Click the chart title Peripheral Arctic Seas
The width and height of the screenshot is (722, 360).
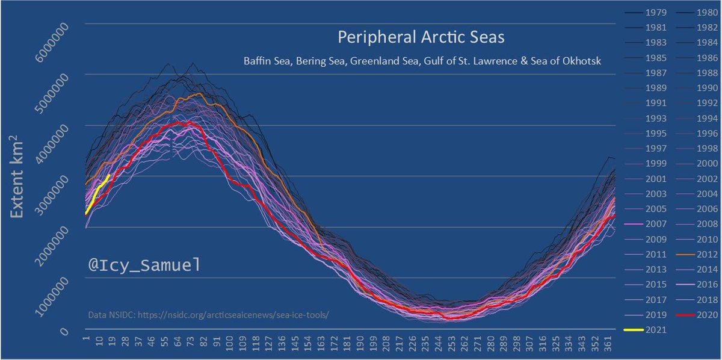(421, 38)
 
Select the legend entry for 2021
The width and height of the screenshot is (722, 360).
(652, 329)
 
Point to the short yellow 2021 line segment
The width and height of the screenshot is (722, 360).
(98, 193)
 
